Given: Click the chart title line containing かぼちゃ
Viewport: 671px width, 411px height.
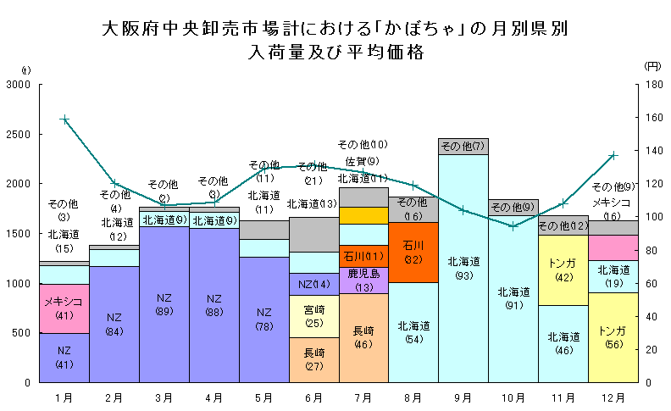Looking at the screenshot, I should pyautogui.click(x=335, y=29).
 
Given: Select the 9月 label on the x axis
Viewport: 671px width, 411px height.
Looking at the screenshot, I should pyautogui.click(x=463, y=396).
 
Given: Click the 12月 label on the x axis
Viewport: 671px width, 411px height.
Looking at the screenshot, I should pyautogui.click(x=613, y=396).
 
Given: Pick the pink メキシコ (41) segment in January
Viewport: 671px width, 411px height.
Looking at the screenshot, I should pyautogui.click(x=64, y=308).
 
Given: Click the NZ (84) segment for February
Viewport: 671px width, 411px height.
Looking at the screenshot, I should pyautogui.click(x=114, y=324).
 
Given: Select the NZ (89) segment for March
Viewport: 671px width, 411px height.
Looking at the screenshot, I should pyautogui.click(x=164, y=304).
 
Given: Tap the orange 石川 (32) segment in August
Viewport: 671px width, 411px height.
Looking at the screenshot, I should pyautogui.click(x=413, y=253).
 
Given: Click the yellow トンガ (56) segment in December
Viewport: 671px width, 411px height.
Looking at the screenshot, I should pyautogui.click(x=613, y=337).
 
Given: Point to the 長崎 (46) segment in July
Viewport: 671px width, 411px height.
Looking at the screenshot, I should pyautogui.click(x=363, y=337).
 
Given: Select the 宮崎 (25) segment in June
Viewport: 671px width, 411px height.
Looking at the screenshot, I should pyautogui.click(x=313, y=316).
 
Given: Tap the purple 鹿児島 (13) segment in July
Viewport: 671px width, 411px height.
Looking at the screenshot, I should pyautogui.click(x=363, y=280).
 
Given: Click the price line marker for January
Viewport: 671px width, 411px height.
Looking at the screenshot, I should pyautogui.click(x=64, y=119).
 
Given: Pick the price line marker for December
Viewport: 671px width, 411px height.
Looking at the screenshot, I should pyautogui.click(x=613, y=156).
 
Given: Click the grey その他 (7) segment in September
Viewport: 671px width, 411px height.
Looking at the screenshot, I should pyautogui.click(x=463, y=147).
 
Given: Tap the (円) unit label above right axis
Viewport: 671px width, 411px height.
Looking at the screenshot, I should pyautogui.click(x=652, y=65).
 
